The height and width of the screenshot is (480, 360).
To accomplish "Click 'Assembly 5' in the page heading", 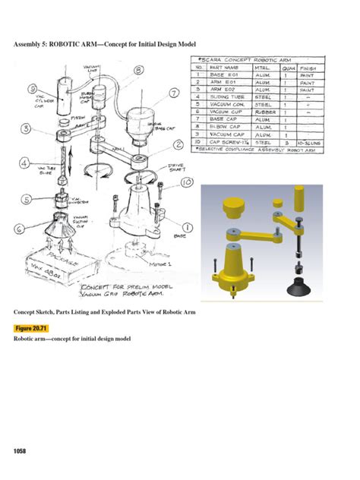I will pos(36,45).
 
